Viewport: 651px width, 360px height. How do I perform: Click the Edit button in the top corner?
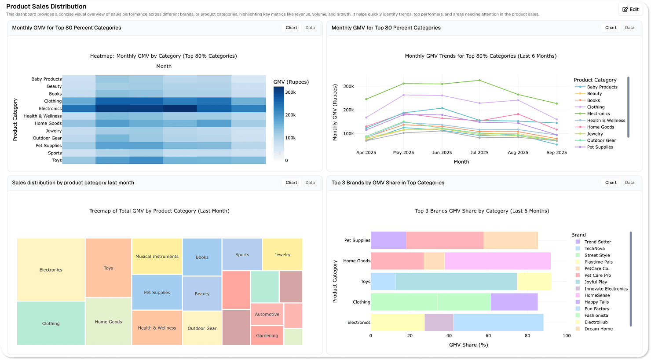pyautogui.click(x=630, y=9)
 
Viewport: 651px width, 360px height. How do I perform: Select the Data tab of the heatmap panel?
pyautogui.click(x=310, y=28)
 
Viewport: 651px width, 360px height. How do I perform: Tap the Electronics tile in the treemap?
pyautogui.click(x=51, y=270)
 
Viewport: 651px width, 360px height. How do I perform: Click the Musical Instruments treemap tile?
pyautogui.click(x=157, y=257)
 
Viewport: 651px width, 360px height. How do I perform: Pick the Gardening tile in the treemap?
pyautogui.click(x=267, y=335)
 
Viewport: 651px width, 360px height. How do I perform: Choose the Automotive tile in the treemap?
pyautogui.click(x=267, y=314)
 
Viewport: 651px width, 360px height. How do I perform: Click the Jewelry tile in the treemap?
pyautogui.click(x=282, y=254)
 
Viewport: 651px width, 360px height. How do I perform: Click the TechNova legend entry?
pyautogui.click(x=594, y=249)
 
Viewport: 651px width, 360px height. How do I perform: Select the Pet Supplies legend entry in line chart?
pyautogui.click(x=600, y=147)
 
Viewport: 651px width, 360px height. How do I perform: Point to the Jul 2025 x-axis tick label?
pyautogui.click(x=479, y=153)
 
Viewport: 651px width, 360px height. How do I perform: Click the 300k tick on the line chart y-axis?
pyautogui.click(x=348, y=86)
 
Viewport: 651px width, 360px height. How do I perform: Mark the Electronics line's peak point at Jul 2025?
pyautogui.click(x=479, y=80)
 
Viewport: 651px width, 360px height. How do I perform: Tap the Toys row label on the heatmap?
pyautogui.click(x=57, y=160)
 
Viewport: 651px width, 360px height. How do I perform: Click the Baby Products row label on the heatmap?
pyautogui.click(x=46, y=79)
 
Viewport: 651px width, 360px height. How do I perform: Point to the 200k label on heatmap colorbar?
pyautogui.click(x=290, y=115)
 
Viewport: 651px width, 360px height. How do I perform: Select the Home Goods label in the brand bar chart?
pyautogui.click(x=357, y=261)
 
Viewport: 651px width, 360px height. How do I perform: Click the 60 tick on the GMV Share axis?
pyautogui.click(x=488, y=335)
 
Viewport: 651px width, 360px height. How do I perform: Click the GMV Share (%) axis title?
pyautogui.click(x=468, y=345)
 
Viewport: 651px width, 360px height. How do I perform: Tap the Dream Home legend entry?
pyautogui.click(x=598, y=329)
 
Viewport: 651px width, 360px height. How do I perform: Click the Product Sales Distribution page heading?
pyautogui.click(x=46, y=7)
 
